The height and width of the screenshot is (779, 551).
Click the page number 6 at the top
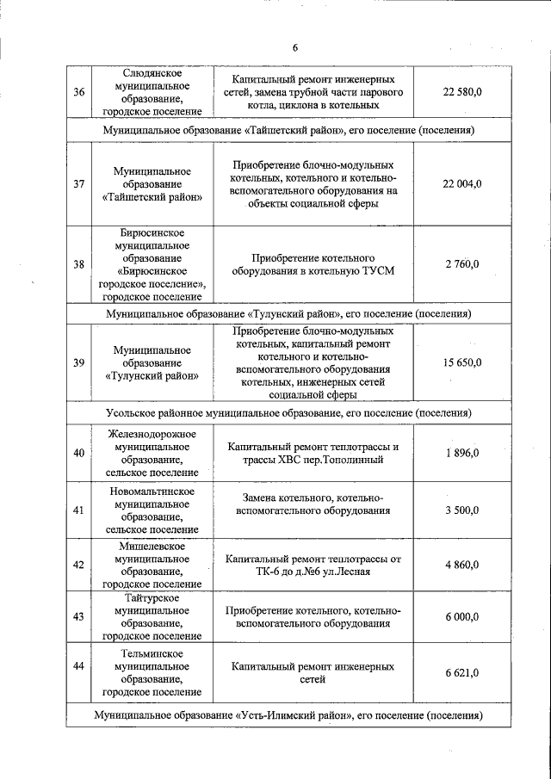point(294,46)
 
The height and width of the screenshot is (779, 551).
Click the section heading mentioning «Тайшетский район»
point(288,130)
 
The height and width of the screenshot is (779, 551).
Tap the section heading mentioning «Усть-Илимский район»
point(288,715)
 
